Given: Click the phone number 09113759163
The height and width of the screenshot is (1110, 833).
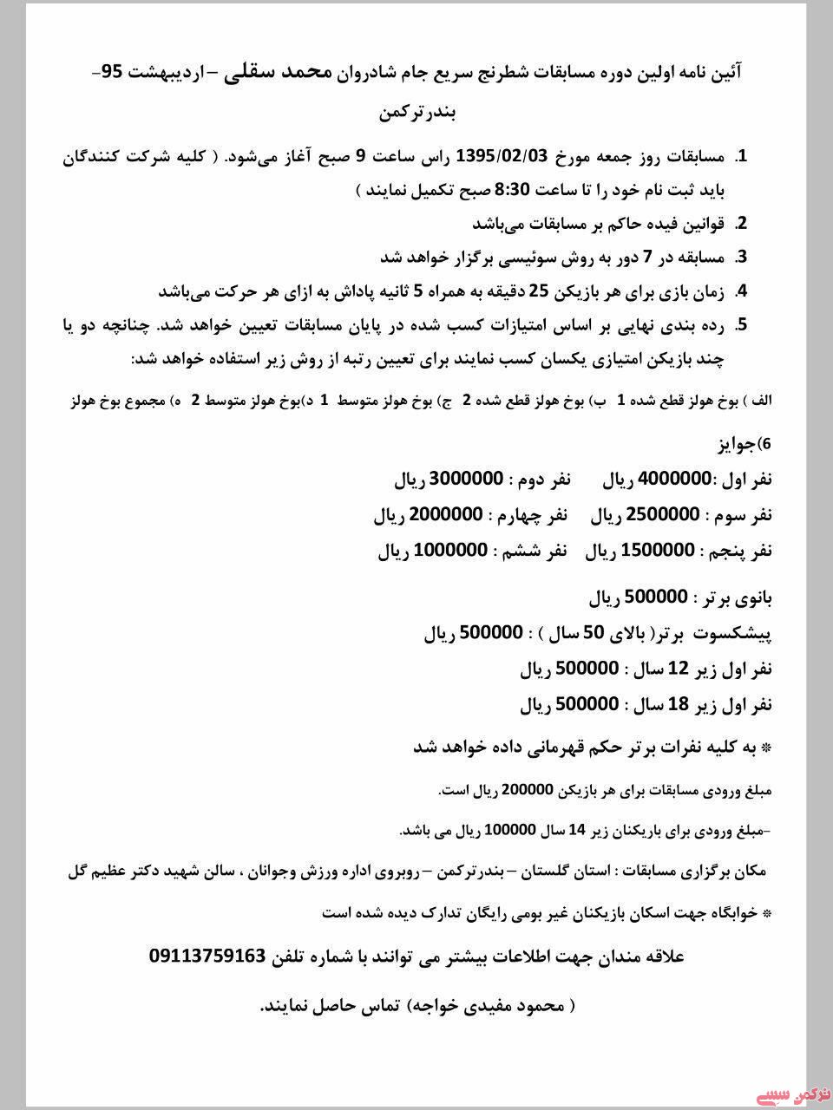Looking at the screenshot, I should pos(207,956).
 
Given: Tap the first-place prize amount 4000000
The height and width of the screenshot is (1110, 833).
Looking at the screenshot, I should pos(675,479).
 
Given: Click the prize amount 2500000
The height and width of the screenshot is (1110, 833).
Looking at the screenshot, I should pos(663,515).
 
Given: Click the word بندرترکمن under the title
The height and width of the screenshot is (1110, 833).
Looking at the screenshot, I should pos(418,114).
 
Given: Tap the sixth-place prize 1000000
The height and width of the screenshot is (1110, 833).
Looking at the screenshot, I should pos(451,551).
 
